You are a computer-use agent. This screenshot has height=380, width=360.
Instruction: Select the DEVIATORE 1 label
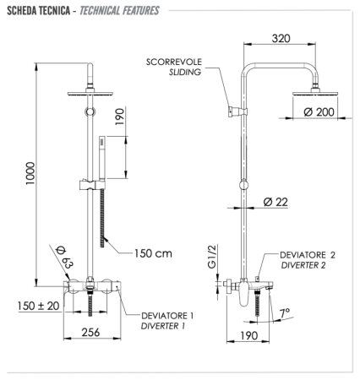tap(167, 315)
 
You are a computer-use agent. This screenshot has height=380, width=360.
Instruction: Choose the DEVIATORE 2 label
tap(309, 254)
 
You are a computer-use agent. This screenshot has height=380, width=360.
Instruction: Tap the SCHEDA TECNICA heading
tap(44, 9)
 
